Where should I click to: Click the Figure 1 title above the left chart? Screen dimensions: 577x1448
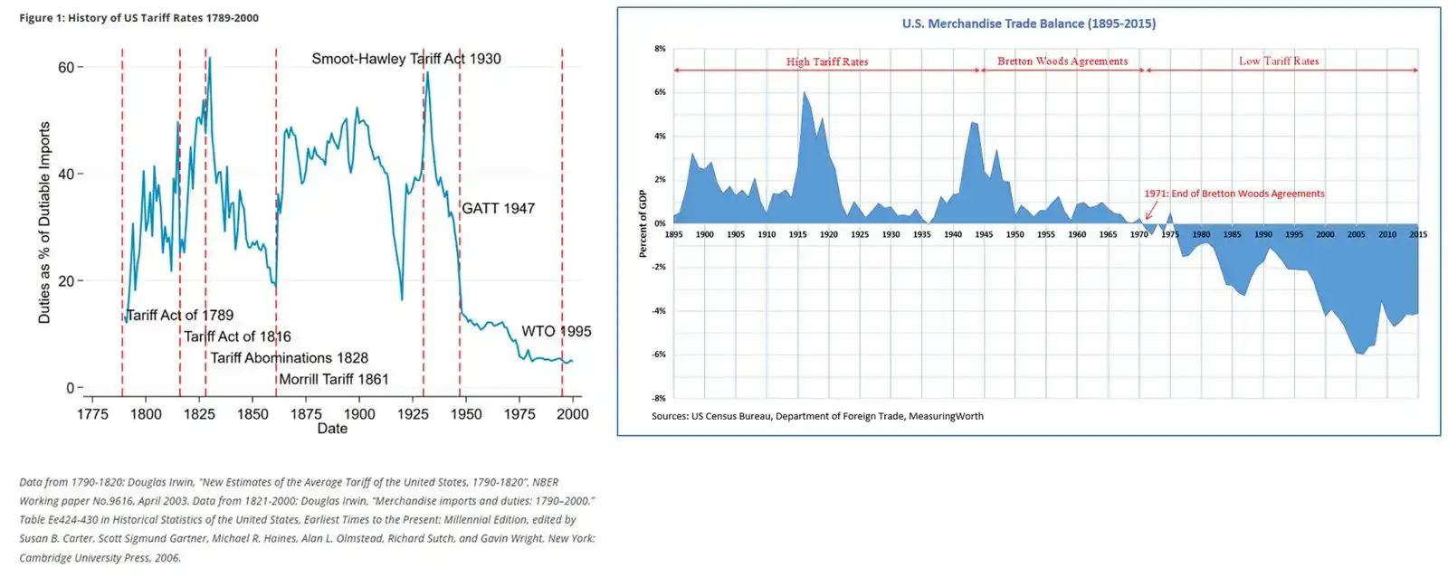(x=138, y=18)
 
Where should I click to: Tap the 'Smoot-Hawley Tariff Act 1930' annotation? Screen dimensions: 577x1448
(x=406, y=59)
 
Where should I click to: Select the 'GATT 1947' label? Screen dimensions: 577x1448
(x=499, y=209)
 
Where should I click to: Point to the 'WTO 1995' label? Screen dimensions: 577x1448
(x=557, y=332)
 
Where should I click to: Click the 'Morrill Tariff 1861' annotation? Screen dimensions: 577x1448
(x=334, y=380)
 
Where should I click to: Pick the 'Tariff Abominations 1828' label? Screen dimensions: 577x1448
(x=290, y=358)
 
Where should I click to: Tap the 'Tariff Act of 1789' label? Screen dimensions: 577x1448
(x=180, y=316)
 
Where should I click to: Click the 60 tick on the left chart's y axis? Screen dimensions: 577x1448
(x=66, y=68)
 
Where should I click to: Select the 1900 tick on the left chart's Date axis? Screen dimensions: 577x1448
(x=359, y=414)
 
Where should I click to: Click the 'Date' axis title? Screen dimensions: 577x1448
(x=332, y=429)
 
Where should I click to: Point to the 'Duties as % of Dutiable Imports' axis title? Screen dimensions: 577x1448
(x=44, y=222)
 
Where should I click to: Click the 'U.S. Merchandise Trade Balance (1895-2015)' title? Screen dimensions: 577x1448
(x=1028, y=24)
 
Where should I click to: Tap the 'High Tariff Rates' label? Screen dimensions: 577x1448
(x=827, y=62)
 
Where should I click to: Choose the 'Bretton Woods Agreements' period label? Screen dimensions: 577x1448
(x=1062, y=61)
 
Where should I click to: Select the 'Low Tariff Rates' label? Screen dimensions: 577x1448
(x=1279, y=61)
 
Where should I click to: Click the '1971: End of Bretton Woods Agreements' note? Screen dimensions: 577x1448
(x=1234, y=194)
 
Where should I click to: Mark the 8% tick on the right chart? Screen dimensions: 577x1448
(x=661, y=49)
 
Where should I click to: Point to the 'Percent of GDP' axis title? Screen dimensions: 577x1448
(x=643, y=223)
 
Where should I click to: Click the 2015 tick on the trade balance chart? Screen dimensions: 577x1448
(x=1418, y=234)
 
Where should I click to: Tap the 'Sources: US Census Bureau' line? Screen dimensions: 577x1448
(x=817, y=417)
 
